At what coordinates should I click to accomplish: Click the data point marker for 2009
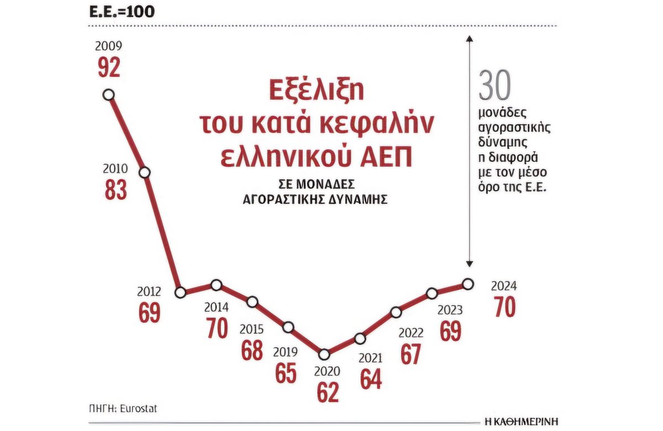109,94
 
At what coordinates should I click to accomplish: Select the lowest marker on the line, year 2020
324,354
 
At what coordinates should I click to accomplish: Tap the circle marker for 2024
468,283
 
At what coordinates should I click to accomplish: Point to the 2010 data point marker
145,172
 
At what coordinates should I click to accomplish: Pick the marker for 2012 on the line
180,292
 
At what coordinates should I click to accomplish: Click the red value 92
109,67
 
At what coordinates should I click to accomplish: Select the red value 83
115,189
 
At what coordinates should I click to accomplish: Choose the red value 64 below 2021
371,379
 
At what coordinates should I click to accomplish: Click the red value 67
411,354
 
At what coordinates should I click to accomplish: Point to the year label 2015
251,329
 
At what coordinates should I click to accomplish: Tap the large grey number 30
495,86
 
